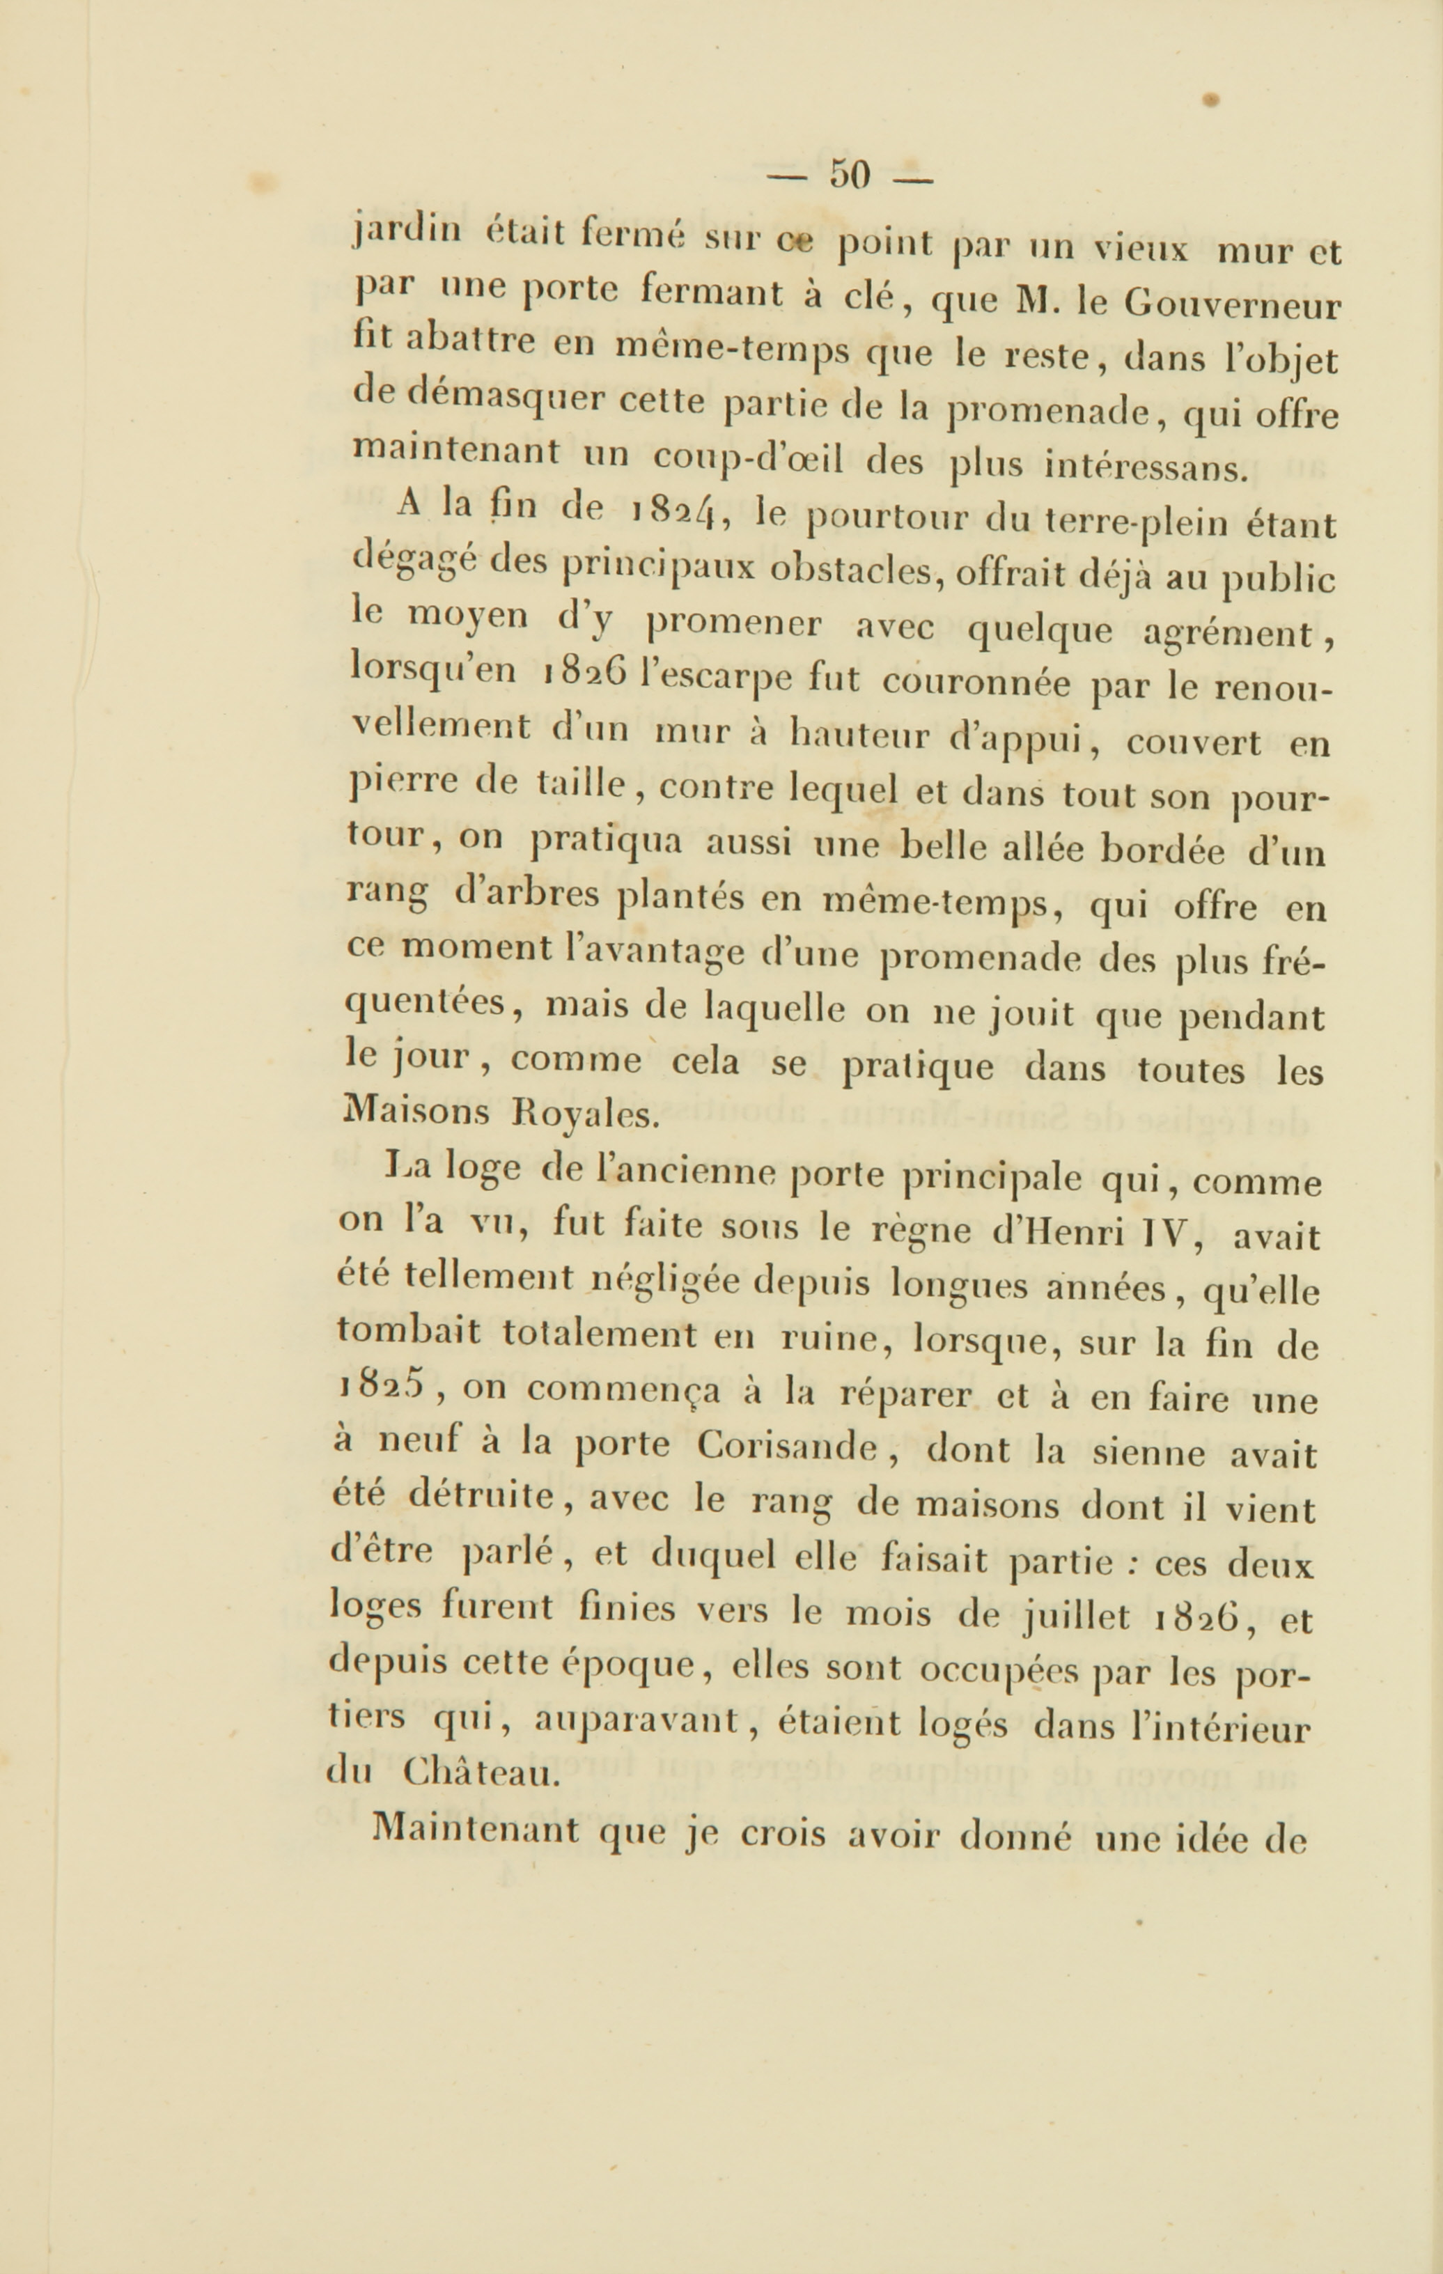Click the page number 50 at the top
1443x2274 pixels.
(x=849, y=176)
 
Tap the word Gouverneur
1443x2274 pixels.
(x=1233, y=305)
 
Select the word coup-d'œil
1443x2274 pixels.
(x=751, y=460)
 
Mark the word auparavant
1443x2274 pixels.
(x=634, y=1720)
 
